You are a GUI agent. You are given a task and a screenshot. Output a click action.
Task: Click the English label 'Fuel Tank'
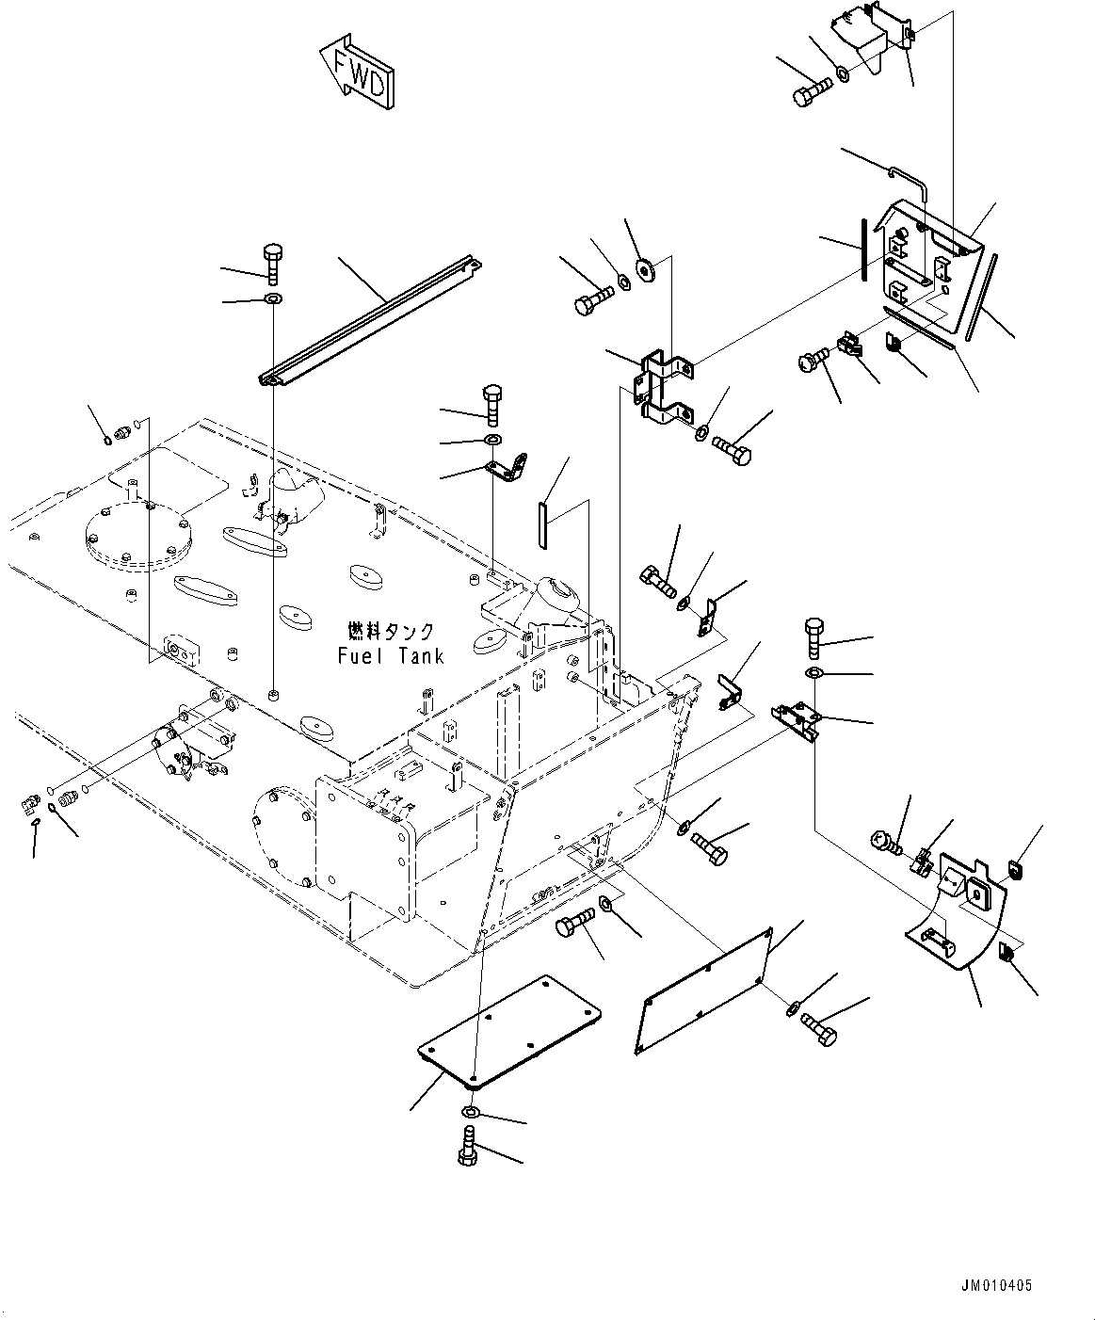pos(391,655)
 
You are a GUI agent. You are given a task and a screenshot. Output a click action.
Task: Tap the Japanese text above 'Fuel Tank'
pos(391,632)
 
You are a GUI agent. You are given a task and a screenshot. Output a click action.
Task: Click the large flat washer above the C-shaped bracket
pos(646,269)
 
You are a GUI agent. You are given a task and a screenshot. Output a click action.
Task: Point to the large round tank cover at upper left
pos(138,538)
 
